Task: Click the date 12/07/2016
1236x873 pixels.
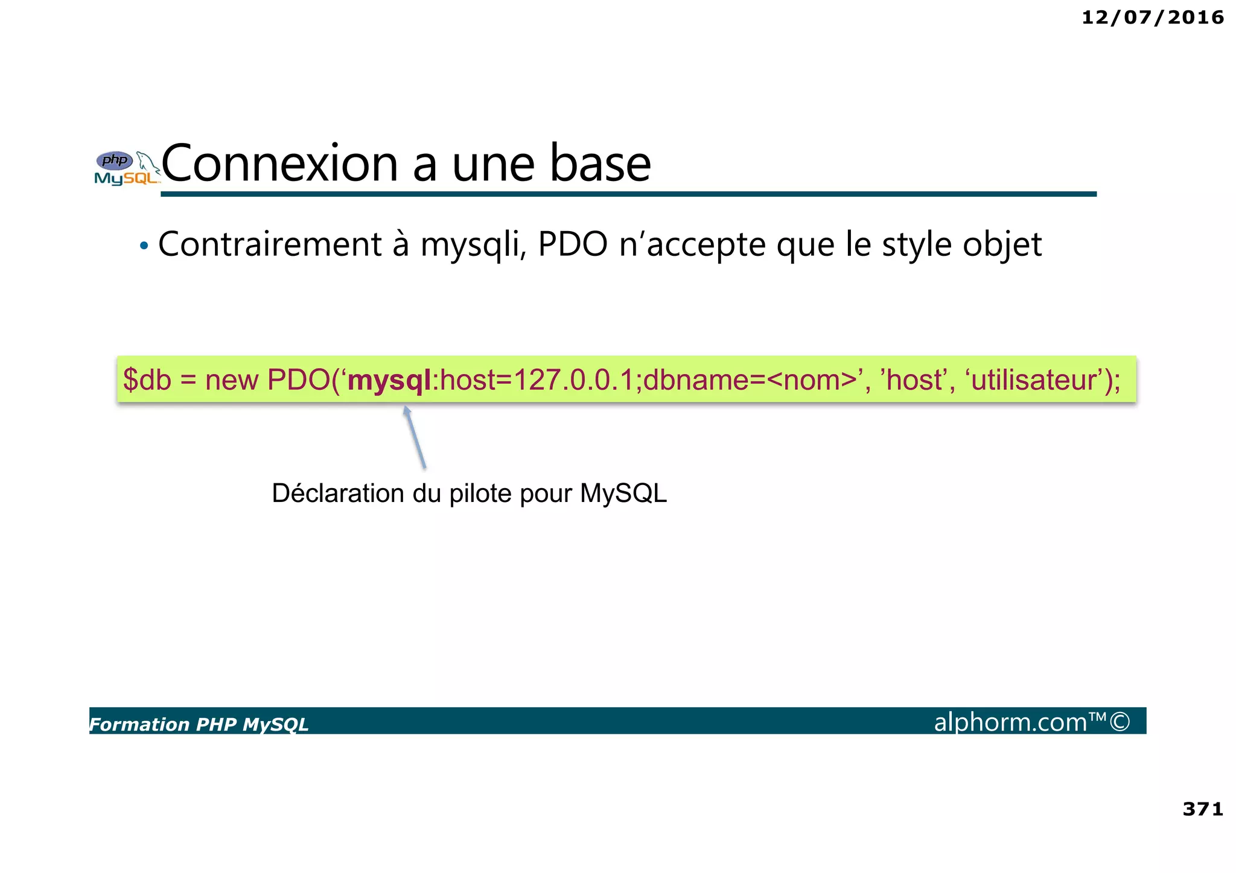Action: [1152, 17]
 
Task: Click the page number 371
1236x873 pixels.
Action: [1202, 808]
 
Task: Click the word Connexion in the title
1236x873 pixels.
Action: [279, 163]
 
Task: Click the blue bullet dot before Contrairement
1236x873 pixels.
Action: [144, 246]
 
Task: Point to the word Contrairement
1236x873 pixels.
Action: [270, 244]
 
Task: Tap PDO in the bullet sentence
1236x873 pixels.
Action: [572, 244]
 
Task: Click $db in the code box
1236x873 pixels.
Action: [147, 380]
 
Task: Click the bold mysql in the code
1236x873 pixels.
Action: [390, 380]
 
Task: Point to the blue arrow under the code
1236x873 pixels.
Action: [415, 437]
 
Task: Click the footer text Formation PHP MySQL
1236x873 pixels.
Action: [199, 724]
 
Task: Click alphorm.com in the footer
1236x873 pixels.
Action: [1011, 722]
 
